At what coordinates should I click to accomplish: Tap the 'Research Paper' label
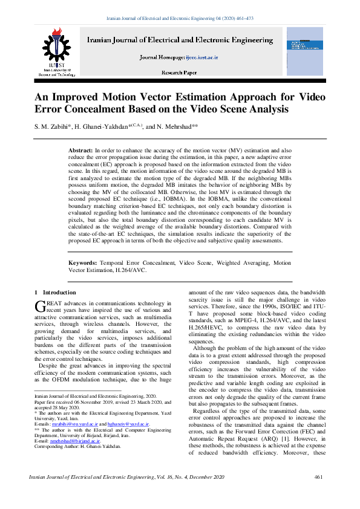[x=180, y=72]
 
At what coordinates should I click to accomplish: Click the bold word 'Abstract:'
[x=81, y=149]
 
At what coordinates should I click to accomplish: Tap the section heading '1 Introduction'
[x=56, y=293]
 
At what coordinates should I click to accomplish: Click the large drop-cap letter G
[x=41, y=306]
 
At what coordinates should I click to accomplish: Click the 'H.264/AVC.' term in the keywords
[x=131, y=270]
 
